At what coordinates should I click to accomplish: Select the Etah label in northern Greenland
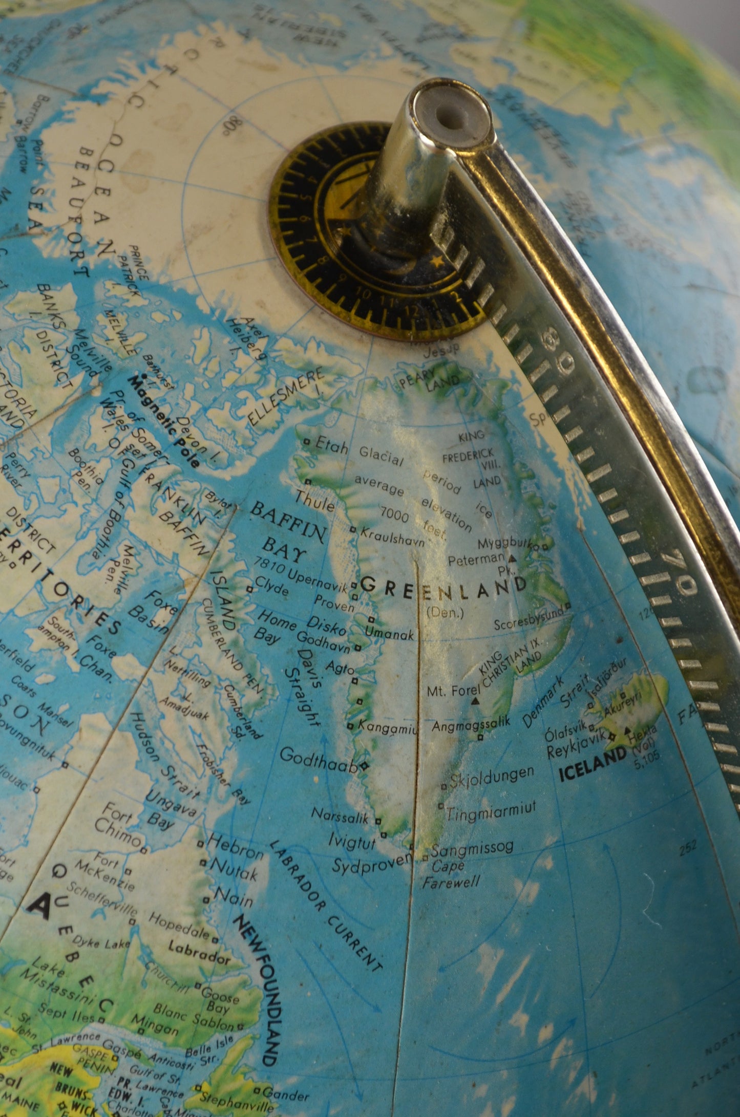331,446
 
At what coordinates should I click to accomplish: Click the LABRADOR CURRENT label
325,906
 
